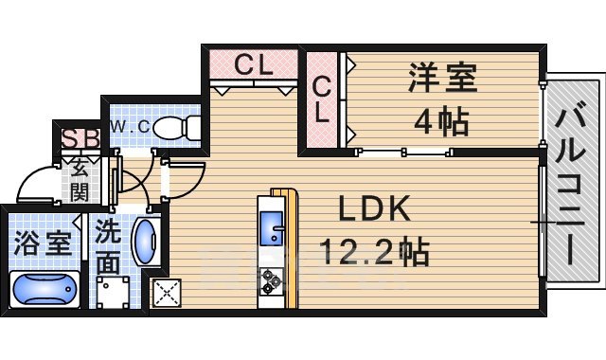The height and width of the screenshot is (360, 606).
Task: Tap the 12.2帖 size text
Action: pyautogui.click(x=373, y=252)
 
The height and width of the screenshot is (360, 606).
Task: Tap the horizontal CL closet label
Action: pyautogui.click(x=254, y=65)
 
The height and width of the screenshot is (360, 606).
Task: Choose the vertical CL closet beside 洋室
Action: pyautogui.click(x=322, y=99)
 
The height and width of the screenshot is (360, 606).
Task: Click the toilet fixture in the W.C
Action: pyautogui.click(x=176, y=125)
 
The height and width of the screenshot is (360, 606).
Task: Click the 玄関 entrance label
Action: pyautogui.click(x=79, y=182)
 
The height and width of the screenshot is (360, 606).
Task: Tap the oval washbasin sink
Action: pyautogui.click(x=146, y=245)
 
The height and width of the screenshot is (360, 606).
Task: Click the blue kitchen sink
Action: pyautogui.click(x=272, y=232)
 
